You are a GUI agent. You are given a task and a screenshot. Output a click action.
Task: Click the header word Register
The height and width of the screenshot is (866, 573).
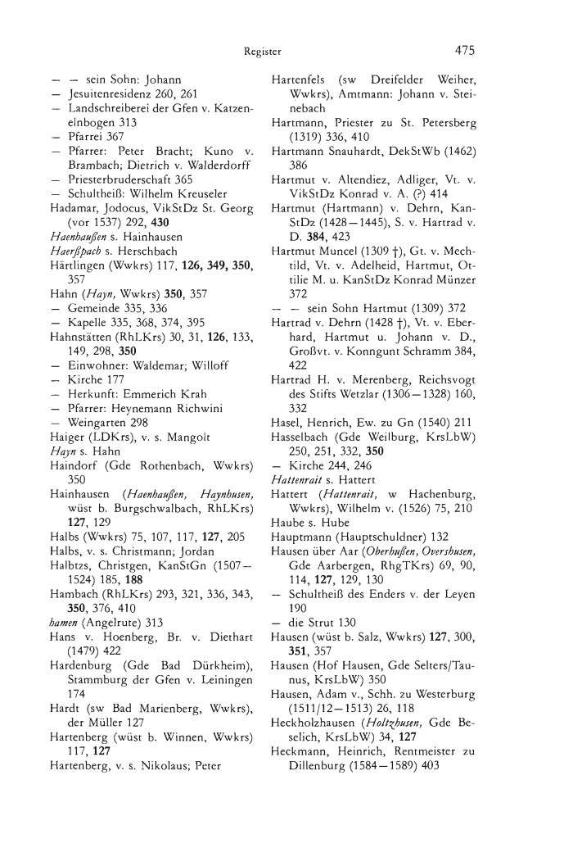point(263,52)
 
